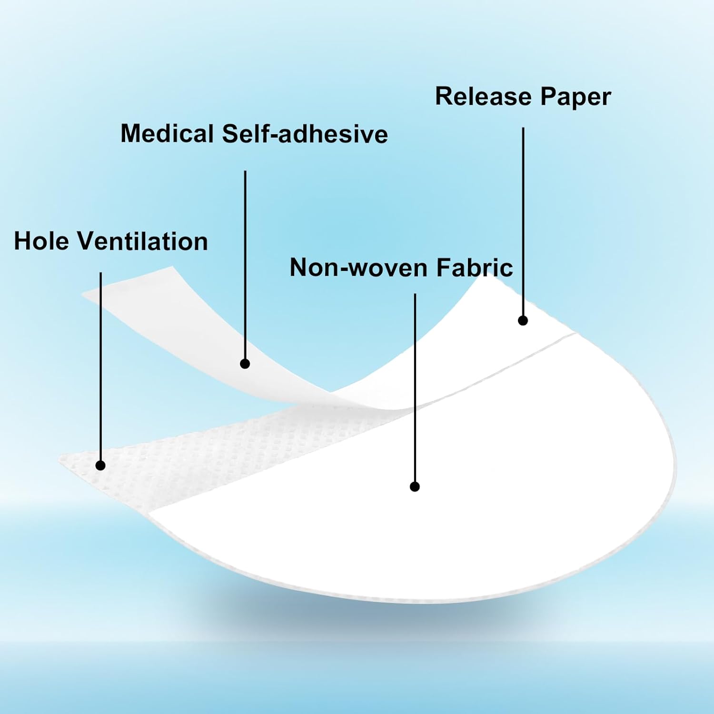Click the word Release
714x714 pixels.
483,96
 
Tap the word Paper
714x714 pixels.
575,97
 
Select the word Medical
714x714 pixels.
167,133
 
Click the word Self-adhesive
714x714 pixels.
305,133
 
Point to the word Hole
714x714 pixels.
41,241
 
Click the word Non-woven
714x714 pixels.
358,267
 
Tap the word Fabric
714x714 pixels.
474,267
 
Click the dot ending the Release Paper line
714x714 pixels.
523,321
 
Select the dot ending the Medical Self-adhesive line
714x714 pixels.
245,364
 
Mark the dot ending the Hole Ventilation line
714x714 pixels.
100,465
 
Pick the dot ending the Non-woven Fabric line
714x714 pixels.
415,486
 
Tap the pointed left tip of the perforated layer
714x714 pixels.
59,460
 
